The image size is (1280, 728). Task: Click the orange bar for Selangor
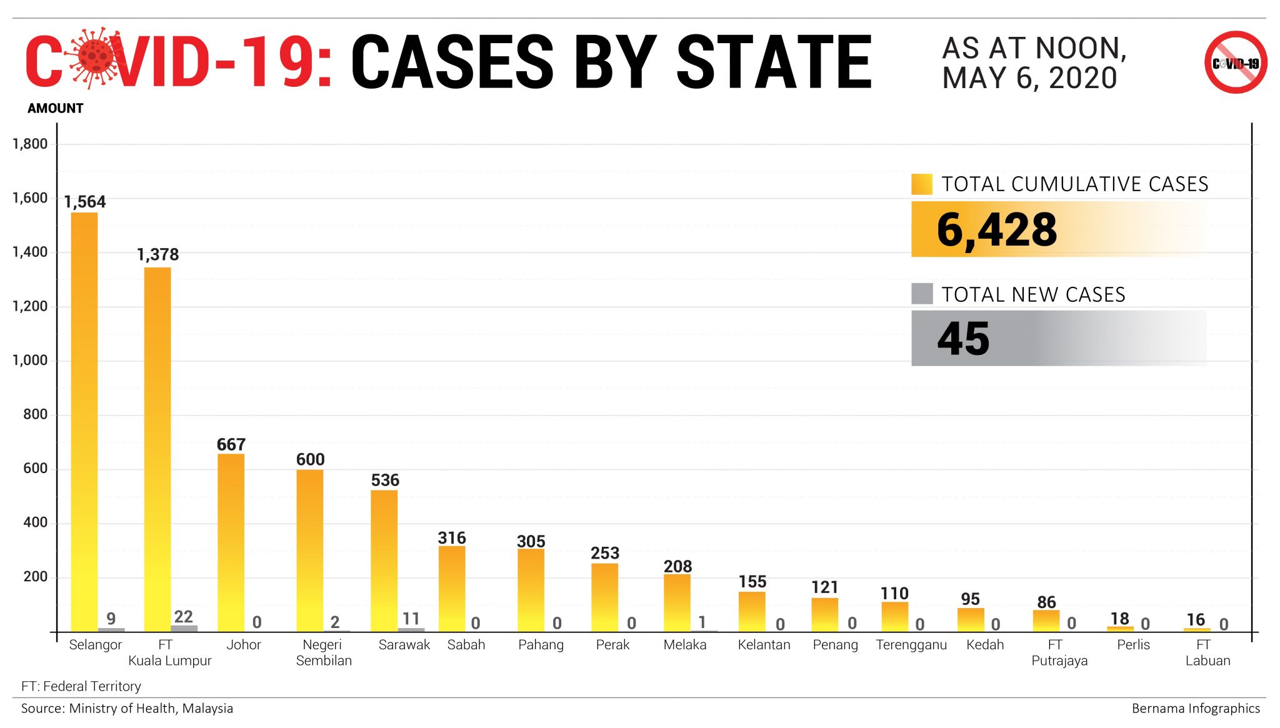84,422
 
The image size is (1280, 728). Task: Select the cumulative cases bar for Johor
231,542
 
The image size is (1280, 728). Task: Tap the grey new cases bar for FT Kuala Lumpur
184,628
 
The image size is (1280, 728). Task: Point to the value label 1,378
157,254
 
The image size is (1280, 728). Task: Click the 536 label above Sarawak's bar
384,480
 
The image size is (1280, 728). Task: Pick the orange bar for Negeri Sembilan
309,550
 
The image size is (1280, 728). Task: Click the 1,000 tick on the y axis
30,361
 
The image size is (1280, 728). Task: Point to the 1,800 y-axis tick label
30,144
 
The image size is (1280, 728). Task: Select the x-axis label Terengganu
911,645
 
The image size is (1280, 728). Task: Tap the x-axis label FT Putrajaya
1059,652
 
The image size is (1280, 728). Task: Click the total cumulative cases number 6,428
996,230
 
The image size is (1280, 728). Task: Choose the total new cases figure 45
963,339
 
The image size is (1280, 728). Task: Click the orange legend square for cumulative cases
921,184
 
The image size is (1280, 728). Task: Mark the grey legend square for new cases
921,294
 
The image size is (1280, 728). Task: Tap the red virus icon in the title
94,57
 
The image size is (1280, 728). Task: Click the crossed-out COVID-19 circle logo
1235,62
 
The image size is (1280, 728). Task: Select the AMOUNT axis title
55,108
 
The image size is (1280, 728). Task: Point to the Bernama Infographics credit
1195,709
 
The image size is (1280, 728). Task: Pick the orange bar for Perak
604,597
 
